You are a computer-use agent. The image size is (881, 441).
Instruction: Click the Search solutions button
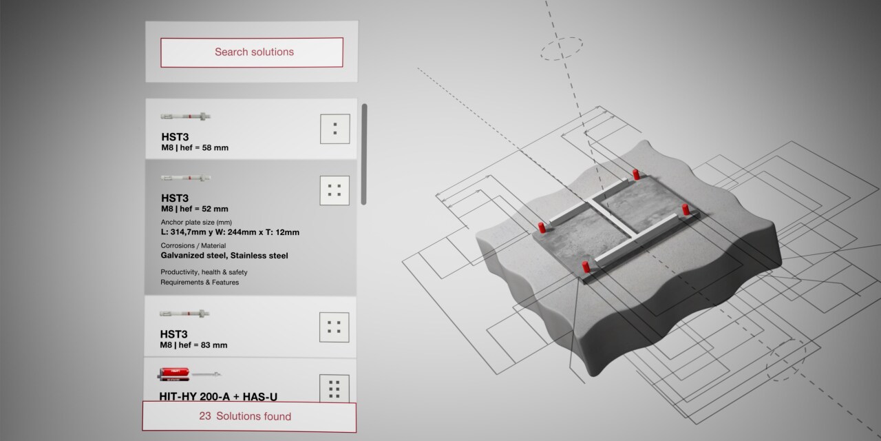pos(252,52)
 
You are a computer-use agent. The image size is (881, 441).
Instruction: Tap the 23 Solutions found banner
pos(249,417)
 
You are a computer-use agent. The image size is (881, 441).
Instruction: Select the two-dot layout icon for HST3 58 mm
pos(335,129)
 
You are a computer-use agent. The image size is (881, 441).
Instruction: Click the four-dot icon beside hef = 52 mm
pos(335,191)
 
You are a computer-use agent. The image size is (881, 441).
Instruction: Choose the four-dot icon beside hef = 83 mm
pos(335,327)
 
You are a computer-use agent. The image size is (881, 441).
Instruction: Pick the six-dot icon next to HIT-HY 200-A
pos(335,389)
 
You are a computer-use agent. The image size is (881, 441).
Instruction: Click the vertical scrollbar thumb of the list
pos(364,154)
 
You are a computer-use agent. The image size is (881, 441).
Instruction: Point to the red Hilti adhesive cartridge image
pos(174,374)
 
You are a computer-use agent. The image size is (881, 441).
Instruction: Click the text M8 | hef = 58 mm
pos(195,147)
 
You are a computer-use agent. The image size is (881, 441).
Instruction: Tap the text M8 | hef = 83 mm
pos(193,345)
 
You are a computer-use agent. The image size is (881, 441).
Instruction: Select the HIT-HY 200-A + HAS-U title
pos(218,396)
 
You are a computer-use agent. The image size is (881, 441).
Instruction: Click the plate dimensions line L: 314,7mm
pos(230,232)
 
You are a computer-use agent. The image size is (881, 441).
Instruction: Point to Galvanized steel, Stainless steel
pos(224,256)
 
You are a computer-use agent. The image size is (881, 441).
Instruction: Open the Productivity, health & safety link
pos(204,272)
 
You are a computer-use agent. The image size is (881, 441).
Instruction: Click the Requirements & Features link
pos(200,283)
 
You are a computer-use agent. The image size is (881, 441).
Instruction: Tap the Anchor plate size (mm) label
pos(196,222)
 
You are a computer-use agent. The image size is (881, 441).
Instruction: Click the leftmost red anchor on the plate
pos(542,227)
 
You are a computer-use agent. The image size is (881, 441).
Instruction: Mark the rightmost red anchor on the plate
pos(686,209)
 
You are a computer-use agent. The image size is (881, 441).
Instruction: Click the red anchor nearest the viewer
pos(586,267)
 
